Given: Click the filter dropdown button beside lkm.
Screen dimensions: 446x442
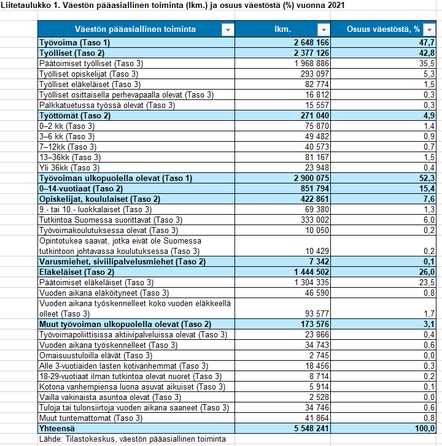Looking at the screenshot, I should click(x=323, y=29).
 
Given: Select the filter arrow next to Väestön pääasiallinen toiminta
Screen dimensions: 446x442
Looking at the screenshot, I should click(x=227, y=29).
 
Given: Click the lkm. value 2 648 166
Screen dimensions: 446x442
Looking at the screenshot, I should click(x=308, y=42).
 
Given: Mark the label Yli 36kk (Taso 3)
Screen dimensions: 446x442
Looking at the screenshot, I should click(x=67, y=167).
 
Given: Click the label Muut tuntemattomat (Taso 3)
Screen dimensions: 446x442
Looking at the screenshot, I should click(x=90, y=418).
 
